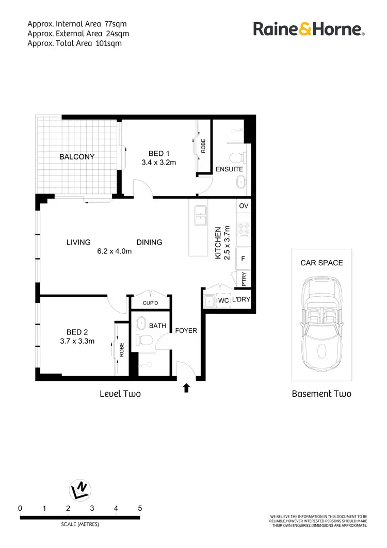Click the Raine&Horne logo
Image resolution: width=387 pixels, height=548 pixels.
(x=309, y=29)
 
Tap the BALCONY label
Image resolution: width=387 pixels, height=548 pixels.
(x=77, y=156)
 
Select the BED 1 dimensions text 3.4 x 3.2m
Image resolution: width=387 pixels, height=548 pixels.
(x=159, y=163)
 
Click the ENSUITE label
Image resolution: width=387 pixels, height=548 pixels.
(x=229, y=169)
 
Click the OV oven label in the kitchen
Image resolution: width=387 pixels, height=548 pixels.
(x=244, y=206)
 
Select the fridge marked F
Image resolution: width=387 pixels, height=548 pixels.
(x=244, y=258)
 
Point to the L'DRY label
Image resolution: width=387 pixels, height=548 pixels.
(x=240, y=300)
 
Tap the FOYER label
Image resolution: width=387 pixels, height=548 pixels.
(x=186, y=330)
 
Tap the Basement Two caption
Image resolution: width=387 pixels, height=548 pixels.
(x=321, y=394)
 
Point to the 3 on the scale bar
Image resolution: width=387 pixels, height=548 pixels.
(x=92, y=508)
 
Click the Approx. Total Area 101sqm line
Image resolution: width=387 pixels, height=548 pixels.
(x=74, y=43)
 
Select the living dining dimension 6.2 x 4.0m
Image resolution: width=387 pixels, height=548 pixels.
(x=115, y=251)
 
